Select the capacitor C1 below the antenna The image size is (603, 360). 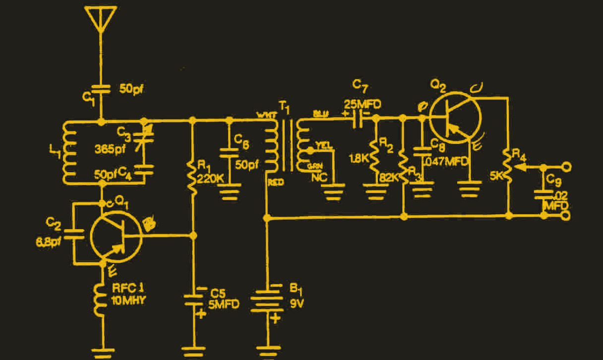click(101, 90)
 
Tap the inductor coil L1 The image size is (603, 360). click(67, 152)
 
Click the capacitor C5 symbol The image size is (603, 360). click(192, 299)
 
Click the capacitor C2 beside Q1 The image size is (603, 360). click(74, 233)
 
